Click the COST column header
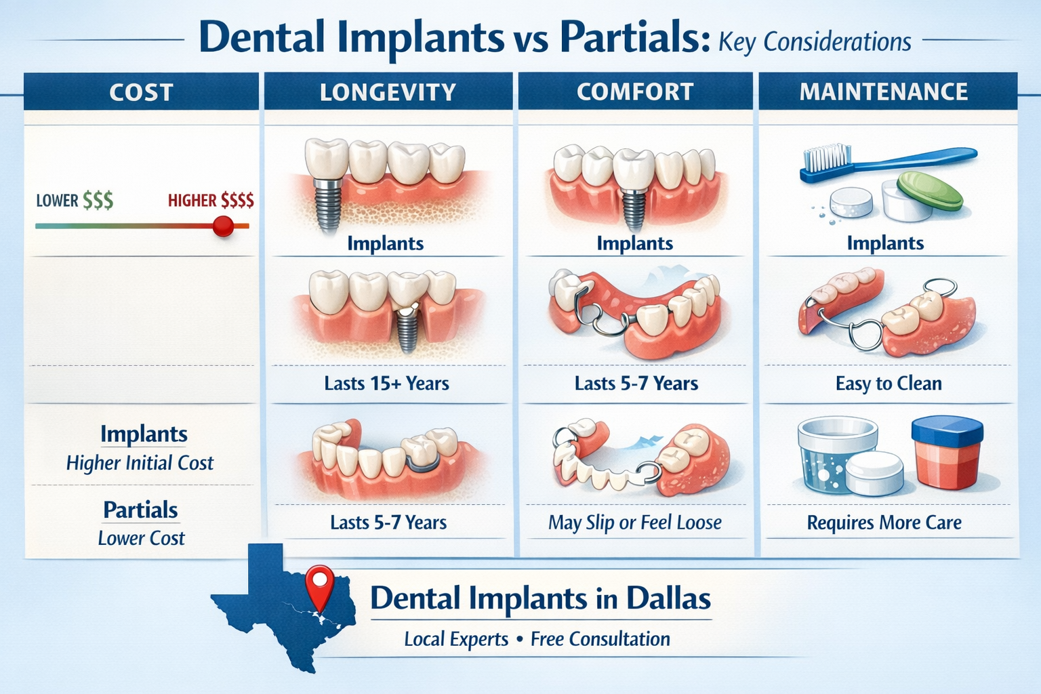(x=141, y=92)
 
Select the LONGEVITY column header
(x=388, y=92)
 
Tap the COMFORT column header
(x=635, y=92)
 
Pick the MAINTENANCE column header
(x=884, y=92)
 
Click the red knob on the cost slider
(x=223, y=226)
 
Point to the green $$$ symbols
(x=98, y=201)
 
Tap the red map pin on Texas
(x=319, y=582)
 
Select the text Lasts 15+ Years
(x=386, y=384)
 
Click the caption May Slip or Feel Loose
(x=634, y=523)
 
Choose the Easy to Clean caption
(x=888, y=384)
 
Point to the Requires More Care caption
(x=884, y=523)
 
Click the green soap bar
(x=929, y=190)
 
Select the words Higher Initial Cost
(x=140, y=463)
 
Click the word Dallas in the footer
(x=668, y=598)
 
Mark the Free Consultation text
(x=600, y=639)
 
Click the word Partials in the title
(x=630, y=39)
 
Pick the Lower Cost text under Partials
(x=141, y=538)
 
